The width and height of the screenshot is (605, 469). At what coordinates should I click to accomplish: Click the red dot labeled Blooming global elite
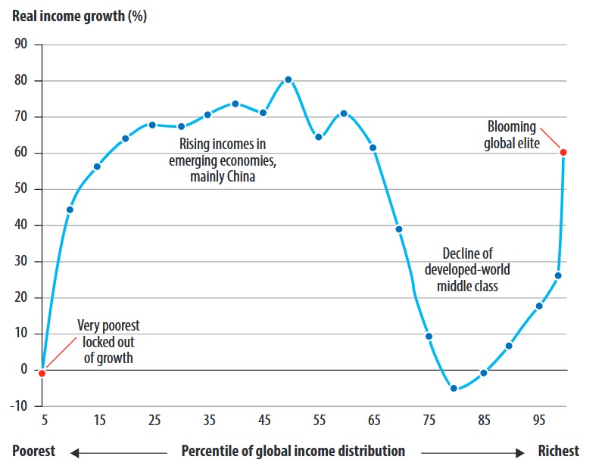563,152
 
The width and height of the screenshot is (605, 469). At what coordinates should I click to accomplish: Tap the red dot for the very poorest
42,373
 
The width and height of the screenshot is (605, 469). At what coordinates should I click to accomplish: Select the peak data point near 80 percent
288,79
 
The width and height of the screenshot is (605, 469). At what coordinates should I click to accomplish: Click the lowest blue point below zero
454,388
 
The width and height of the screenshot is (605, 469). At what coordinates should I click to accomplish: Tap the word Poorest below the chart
34,452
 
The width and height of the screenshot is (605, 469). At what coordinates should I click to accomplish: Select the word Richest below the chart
559,452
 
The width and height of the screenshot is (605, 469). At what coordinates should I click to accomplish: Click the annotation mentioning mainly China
222,160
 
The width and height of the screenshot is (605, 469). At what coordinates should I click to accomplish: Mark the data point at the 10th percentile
70,210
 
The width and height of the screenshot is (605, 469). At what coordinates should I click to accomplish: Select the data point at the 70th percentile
399,229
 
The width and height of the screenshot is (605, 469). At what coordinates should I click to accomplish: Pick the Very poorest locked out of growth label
108,342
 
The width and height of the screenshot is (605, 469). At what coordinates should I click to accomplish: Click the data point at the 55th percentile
319,137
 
